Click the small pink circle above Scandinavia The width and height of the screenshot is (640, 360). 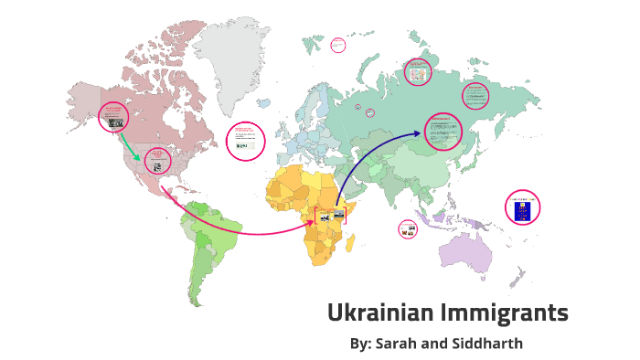point(337,44)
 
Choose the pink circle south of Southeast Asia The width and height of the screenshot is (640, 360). point(408,228)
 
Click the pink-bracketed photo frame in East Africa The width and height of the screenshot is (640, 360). point(330,219)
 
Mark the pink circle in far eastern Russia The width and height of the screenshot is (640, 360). point(476,93)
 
